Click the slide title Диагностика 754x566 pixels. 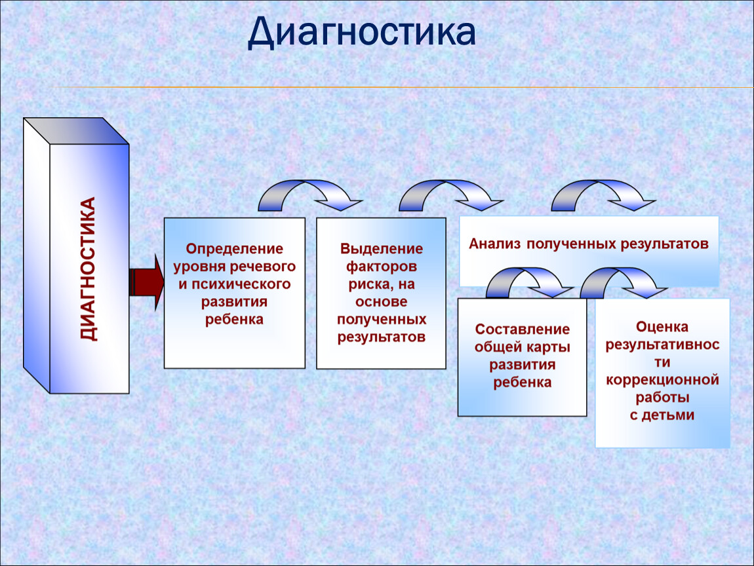pos(361,33)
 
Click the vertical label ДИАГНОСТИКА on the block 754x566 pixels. pos(88,269)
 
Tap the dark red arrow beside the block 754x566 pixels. pos(145,282)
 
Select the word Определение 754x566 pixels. pos(234,250)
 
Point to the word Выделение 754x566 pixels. pos(382,250)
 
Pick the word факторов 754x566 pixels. pos(382,267)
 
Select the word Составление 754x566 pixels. pos(522,330)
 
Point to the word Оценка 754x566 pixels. pos(662,326)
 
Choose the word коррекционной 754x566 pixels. pos(662,380)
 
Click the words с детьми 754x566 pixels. pos(662,415)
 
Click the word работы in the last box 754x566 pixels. pos(662,398)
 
